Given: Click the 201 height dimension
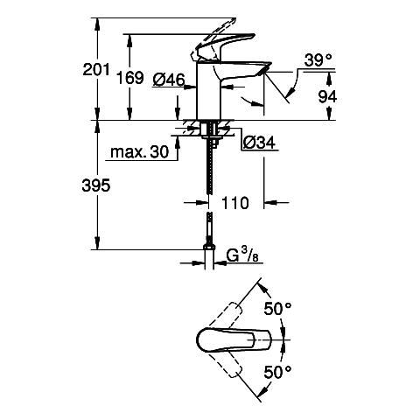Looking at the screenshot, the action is pyautogui.click(x=96, y=69).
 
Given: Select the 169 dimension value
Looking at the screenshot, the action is pyautogui.click(x=130, y=78).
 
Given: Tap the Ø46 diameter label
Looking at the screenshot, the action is pyautogui.click(x=169, y=79).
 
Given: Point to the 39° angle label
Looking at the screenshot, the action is pyautogui.click(x=318, y=60).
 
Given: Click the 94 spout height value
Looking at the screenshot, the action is pyautogui.click(x=327, y=97).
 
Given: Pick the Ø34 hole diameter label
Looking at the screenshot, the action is pyautogui.click(x=259, y=143).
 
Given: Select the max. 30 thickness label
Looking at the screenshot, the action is pyautogui.click(x=140, y=152).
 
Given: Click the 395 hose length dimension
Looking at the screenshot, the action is pyautogui.click(x=96, y=185).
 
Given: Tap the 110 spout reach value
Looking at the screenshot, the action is pyautogui.click(x=235, y=203).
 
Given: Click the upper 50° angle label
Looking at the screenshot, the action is pyautogui.click(x=277, y=309).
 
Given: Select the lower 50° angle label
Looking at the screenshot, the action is pyautogui.click(x=277, y=371).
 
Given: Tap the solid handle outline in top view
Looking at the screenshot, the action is pyautogui.click(x=234, y=339).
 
